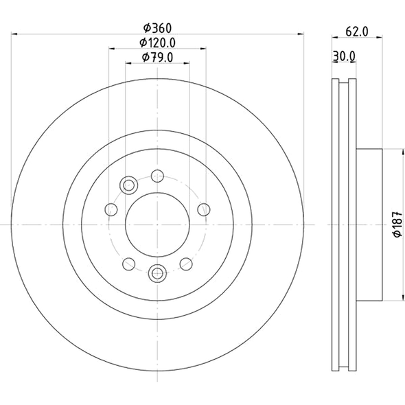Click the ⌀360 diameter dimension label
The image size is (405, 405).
pyautogui.click(x=157, y=29)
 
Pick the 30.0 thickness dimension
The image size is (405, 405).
pyautogui.click(x=343, y=58)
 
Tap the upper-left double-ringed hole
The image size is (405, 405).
pyautogui.click(x=128, y=185)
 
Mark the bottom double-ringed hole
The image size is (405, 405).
pyautogui.click(x=157, y=274)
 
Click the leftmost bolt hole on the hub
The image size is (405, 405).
pyautogui.click(x=109, y=209)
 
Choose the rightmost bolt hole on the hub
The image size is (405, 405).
pyautogui.click(x=202, y=209)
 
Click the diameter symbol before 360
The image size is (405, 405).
pyautogui.click(x=146, y=29)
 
